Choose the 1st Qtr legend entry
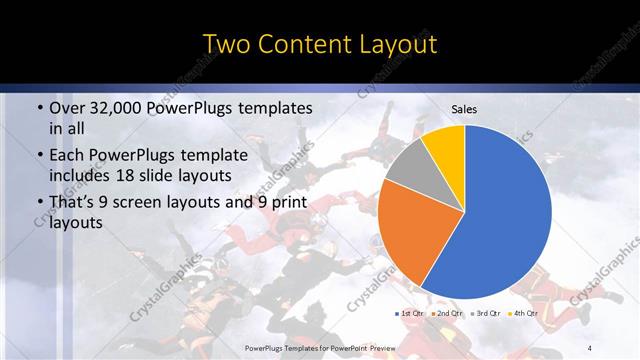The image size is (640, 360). [411, 313]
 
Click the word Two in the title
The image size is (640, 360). [227, 44]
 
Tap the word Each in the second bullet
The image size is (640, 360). [67, 155]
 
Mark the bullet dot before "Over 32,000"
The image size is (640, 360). [38, 108]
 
